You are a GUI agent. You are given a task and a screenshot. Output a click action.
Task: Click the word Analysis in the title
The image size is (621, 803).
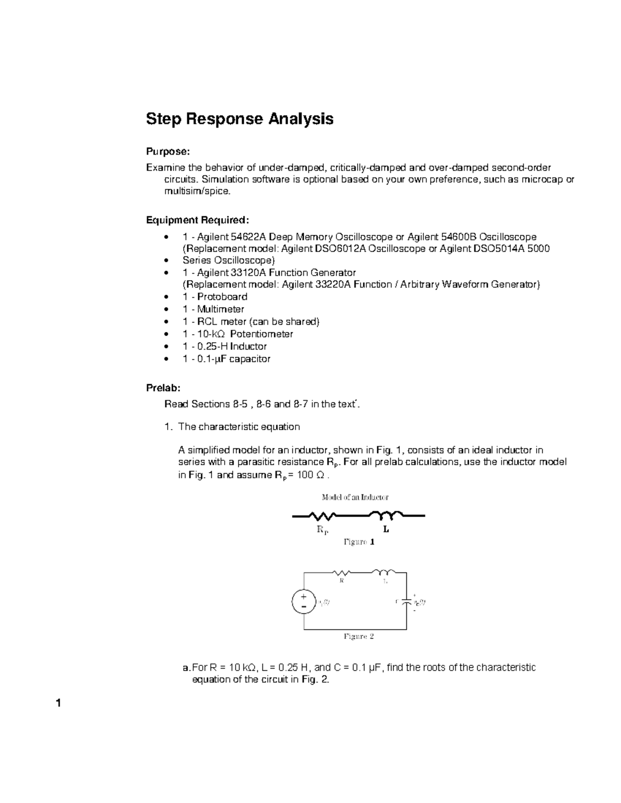(x=300, y=119)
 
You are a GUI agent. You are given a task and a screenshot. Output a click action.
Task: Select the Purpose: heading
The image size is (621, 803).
(x=168, y=151)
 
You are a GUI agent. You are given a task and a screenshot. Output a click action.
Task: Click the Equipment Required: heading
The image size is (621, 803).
(x=198, y=220)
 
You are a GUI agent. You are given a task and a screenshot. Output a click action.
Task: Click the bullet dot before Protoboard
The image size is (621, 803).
(x=165, y=297)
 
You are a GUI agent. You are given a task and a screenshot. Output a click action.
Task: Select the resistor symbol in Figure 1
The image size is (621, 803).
(x=322, y=516)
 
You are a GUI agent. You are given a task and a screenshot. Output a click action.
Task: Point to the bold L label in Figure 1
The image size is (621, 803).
(x=386, y=530)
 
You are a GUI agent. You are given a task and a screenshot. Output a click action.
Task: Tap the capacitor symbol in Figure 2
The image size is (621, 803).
(x=407, y=602)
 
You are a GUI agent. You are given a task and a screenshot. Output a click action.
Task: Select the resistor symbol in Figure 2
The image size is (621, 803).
(x=342, y=572)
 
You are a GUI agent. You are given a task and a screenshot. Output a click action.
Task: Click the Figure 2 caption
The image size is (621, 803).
(x=359, y=637)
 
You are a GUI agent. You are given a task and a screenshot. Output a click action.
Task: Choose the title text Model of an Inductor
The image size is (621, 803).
(x=355, y=497)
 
